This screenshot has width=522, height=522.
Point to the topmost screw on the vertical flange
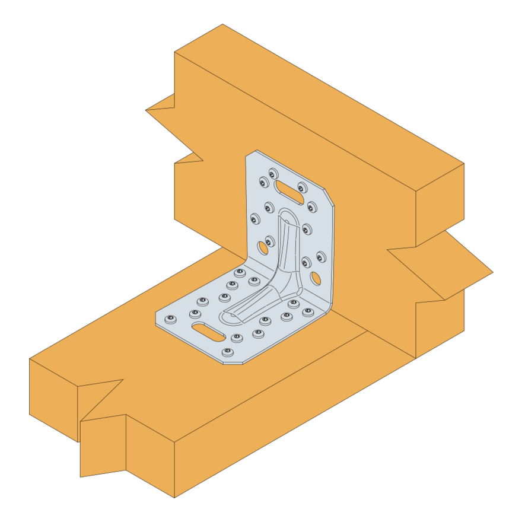[273, 174]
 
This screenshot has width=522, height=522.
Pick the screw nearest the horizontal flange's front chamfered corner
[227, 352]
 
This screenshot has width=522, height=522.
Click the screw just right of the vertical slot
[302, 188]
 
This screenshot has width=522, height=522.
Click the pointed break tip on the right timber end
[492, 273]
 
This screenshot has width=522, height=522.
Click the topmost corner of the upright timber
[223, 24]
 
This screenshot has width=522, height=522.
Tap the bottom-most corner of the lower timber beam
[174, 497]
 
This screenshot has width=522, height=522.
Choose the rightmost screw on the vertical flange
[321, 257]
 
